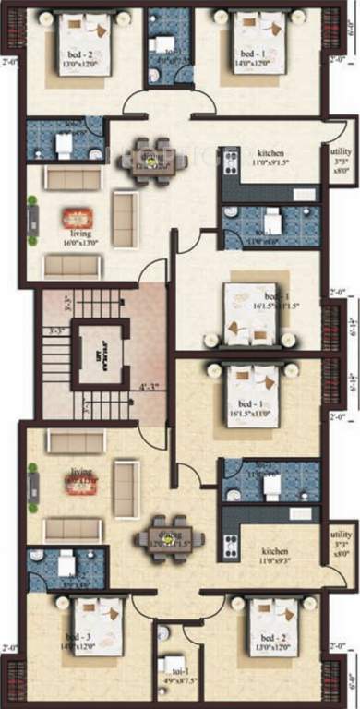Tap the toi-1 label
173,684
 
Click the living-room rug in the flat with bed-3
78,479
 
